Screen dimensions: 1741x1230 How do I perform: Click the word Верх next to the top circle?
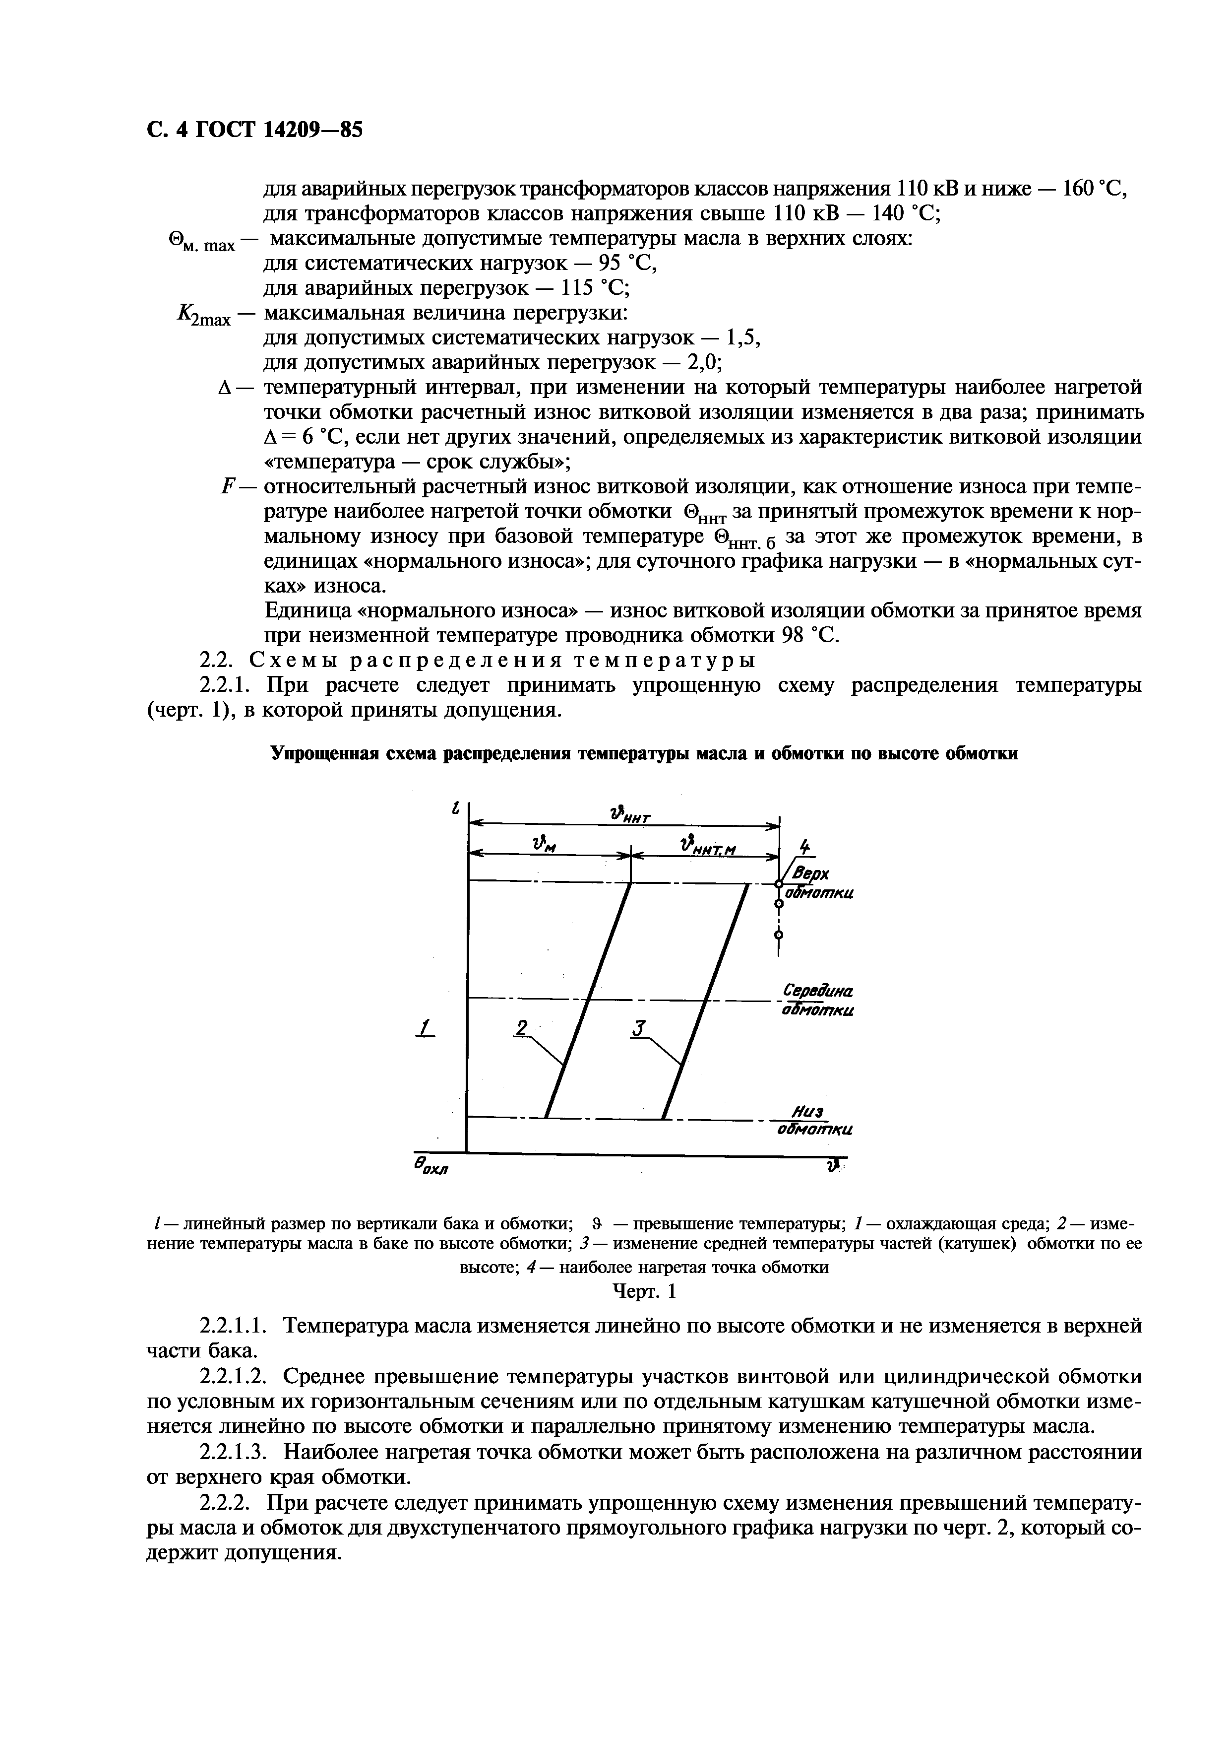point(809,874)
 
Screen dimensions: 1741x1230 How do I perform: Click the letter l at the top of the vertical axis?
point(455,808)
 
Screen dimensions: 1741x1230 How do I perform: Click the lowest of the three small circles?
point(778,934)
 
